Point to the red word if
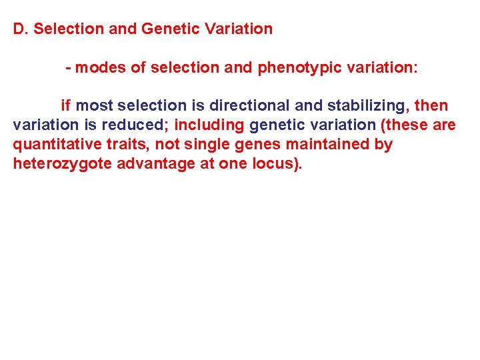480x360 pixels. [66, 105]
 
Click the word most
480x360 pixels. [94, 105]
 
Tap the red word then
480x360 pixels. [431, 105]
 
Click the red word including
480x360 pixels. [209, 125]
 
